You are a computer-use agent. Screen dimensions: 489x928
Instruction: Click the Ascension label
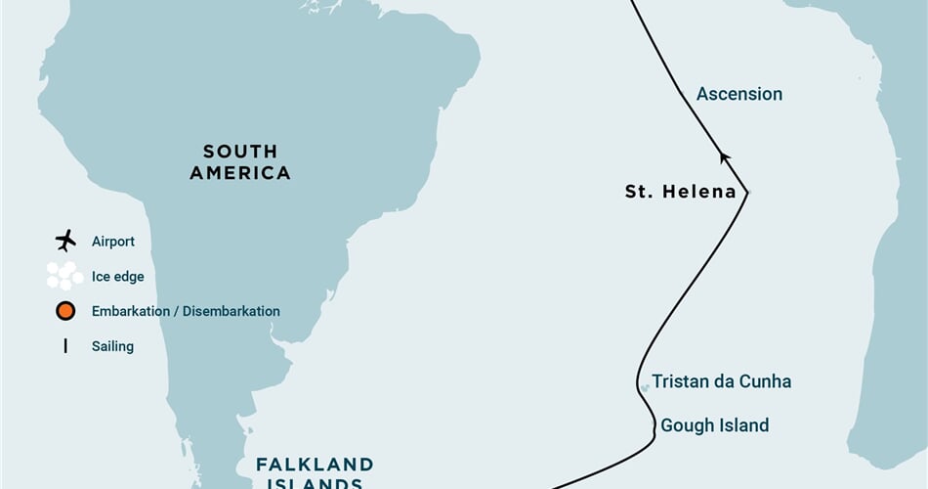click(738, 94)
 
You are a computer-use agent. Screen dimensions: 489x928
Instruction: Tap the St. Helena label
click(680, 192)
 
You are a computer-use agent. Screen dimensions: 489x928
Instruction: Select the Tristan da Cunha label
click(721, 381)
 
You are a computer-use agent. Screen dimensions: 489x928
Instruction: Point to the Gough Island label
click(714, 425)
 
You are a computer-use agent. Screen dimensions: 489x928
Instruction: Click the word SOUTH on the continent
click(240, 152)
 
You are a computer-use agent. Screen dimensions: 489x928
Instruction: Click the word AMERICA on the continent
click(240, 173)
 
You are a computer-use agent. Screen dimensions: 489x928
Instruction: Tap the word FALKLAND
click(315, 464)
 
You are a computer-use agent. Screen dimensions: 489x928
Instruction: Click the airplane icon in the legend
click(65, 241)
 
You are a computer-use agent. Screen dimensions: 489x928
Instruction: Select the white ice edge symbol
click(65, 276)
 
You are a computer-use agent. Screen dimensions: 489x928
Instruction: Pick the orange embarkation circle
click(65, 311)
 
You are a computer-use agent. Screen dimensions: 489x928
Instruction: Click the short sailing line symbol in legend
click(65, 345)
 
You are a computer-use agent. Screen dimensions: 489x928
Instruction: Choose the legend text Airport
click(113, 241)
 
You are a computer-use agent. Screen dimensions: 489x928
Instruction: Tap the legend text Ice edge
click(117, 277)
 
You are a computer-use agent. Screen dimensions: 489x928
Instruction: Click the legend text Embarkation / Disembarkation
click(186, 311)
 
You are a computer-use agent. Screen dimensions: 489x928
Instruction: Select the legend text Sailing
click(112, 346)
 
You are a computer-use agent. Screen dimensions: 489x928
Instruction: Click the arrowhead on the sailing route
click(724, 156)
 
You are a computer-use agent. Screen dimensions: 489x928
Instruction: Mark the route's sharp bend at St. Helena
click(747, 193)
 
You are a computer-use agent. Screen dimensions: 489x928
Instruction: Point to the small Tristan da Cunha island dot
click(645, 388)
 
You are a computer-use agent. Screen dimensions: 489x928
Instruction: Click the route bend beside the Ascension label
click(682, 94)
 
